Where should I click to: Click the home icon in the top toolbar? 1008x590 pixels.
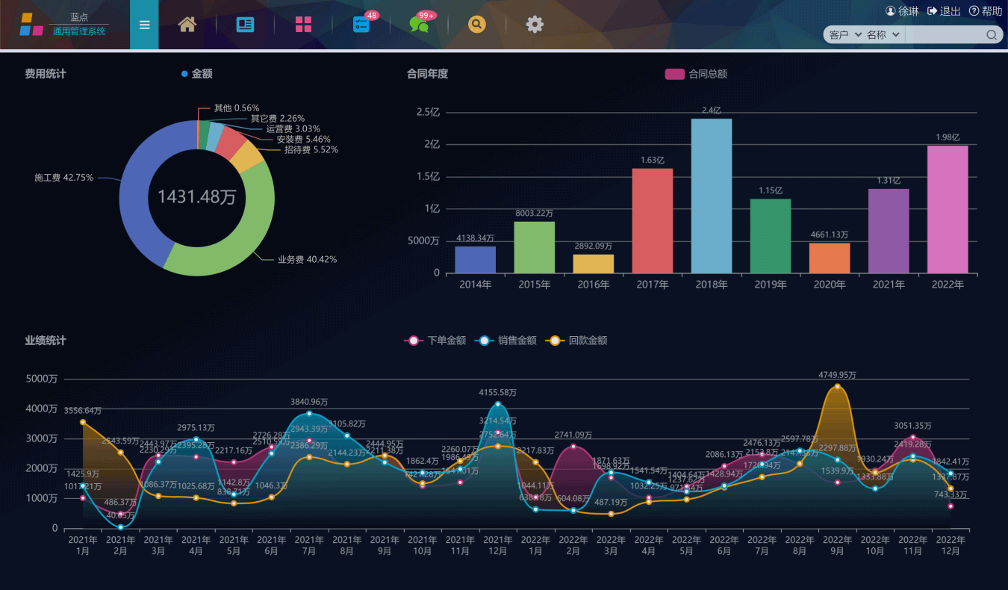click(x=187, y=25)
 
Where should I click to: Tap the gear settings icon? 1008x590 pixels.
click(x=535, y=25)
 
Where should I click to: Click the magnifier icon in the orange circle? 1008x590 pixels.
click(x=476, y=25)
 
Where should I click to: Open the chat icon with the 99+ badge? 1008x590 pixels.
click(x=420, y=25)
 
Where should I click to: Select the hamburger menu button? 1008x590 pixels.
click(x=144, y=25)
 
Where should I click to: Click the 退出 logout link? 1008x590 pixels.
click(x=944, y=11)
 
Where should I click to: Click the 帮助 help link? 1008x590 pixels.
click(x=986, y=11)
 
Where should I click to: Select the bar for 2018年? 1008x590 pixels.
click(x=711, y=196)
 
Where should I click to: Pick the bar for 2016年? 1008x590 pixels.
click(x=593, y=264)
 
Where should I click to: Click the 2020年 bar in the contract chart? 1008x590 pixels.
click(x=829, y=258)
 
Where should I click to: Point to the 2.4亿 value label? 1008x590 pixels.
click(x=712, y=111)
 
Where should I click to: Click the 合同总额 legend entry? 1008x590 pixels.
click(x=696, y=74)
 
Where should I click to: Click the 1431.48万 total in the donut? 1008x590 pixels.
click(x=197, y=197)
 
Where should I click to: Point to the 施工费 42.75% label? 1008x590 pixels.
click(x=64, y=178)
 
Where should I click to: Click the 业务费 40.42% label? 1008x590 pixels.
click(x=307, y=260)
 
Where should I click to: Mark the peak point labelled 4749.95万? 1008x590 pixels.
click(x=837, y=386)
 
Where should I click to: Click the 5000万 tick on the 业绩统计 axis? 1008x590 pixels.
click(x=42, y=379)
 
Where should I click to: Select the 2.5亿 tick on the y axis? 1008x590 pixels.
click(x=428, y=113)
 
